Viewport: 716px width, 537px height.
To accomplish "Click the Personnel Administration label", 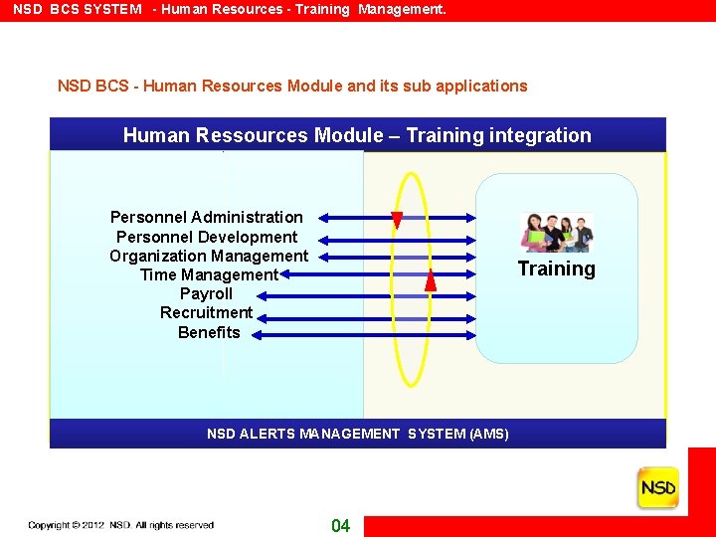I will point(207,217).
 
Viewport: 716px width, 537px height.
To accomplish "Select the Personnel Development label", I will point(207,237).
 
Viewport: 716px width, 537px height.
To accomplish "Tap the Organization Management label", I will point(209,256).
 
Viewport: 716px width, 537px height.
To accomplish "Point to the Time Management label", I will point(209,274).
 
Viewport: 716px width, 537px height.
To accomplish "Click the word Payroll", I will point(206,293).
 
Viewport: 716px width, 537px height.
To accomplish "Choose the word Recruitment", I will point(206,312).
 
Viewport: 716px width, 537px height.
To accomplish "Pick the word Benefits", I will point(209,332).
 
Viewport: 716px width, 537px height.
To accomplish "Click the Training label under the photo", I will point(556,268).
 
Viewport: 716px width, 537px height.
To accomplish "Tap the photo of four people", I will point(556,233).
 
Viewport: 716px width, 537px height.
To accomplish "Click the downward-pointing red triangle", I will point(397,221).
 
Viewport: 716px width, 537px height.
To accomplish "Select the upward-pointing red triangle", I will point(431,280).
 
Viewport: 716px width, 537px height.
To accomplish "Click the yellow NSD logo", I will point(657,488).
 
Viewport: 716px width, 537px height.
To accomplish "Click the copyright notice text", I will point(120,525).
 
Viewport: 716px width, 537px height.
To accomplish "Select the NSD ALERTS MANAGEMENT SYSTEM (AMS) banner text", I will point(357,434).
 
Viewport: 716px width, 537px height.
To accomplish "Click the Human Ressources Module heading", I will point(357,135).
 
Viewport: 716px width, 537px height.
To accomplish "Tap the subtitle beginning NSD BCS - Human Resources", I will point(292,86).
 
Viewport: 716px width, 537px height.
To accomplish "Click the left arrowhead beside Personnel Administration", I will point(326,217).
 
